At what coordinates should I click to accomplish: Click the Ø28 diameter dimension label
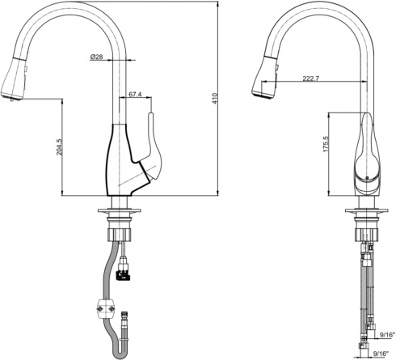(x=97, y=57)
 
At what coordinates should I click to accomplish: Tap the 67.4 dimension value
(x=135, y=95)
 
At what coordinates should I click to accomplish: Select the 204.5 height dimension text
(x=59, y=146)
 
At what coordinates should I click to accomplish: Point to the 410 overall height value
(x=215, y=99)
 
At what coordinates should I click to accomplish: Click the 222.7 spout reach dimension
(x=311, y=78)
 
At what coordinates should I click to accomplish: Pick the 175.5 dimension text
(x=326, y=144)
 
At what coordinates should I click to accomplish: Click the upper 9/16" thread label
(x=386, y=335)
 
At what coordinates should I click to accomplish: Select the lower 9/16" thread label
(x=380, y=353)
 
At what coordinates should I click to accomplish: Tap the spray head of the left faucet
(x=14, y=79)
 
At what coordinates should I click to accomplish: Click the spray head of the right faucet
(x=264, y=78)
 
